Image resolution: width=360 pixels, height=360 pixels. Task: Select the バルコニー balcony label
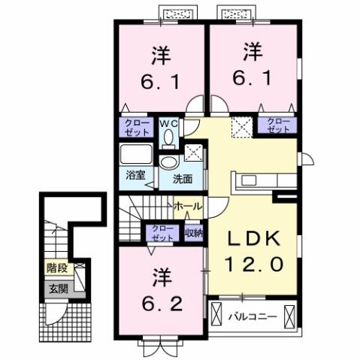click(x=256, y=316)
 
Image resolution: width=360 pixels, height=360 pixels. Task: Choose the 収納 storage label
click(x=194, y=231)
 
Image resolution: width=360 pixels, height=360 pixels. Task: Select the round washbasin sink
click(x=169, y=162)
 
